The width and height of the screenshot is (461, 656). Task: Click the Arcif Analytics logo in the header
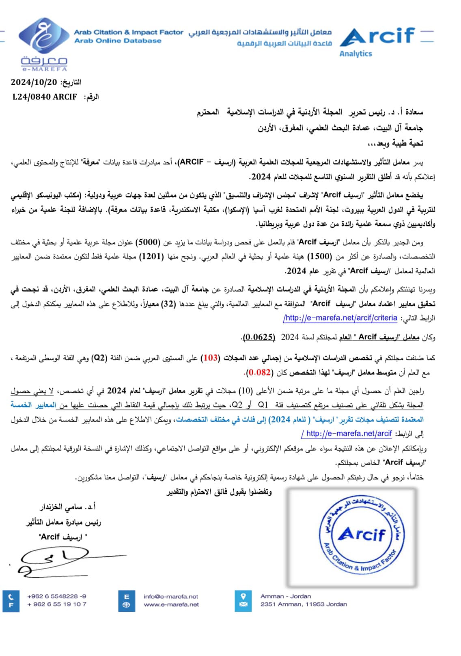coord(377,41)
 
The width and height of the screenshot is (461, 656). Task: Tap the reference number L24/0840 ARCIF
coord(45,97)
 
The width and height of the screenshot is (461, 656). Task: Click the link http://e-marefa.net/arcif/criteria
coord(340,318)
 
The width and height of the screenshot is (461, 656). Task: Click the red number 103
coord(211,358)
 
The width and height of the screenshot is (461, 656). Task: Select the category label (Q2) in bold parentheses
coord(99,358)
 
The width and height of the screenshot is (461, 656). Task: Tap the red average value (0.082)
coord(260,372)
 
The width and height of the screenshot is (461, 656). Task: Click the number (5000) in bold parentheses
coord(148,242)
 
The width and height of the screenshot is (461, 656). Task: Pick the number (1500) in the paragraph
coord(319,256)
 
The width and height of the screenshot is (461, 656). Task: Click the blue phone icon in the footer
coord(11,597)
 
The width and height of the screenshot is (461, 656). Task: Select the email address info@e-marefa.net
coord(171,596)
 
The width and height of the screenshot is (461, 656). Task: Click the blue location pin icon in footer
coord(243,596)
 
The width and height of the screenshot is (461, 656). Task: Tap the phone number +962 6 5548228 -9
coord(57,596)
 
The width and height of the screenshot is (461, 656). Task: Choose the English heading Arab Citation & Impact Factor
coord(128,32)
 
